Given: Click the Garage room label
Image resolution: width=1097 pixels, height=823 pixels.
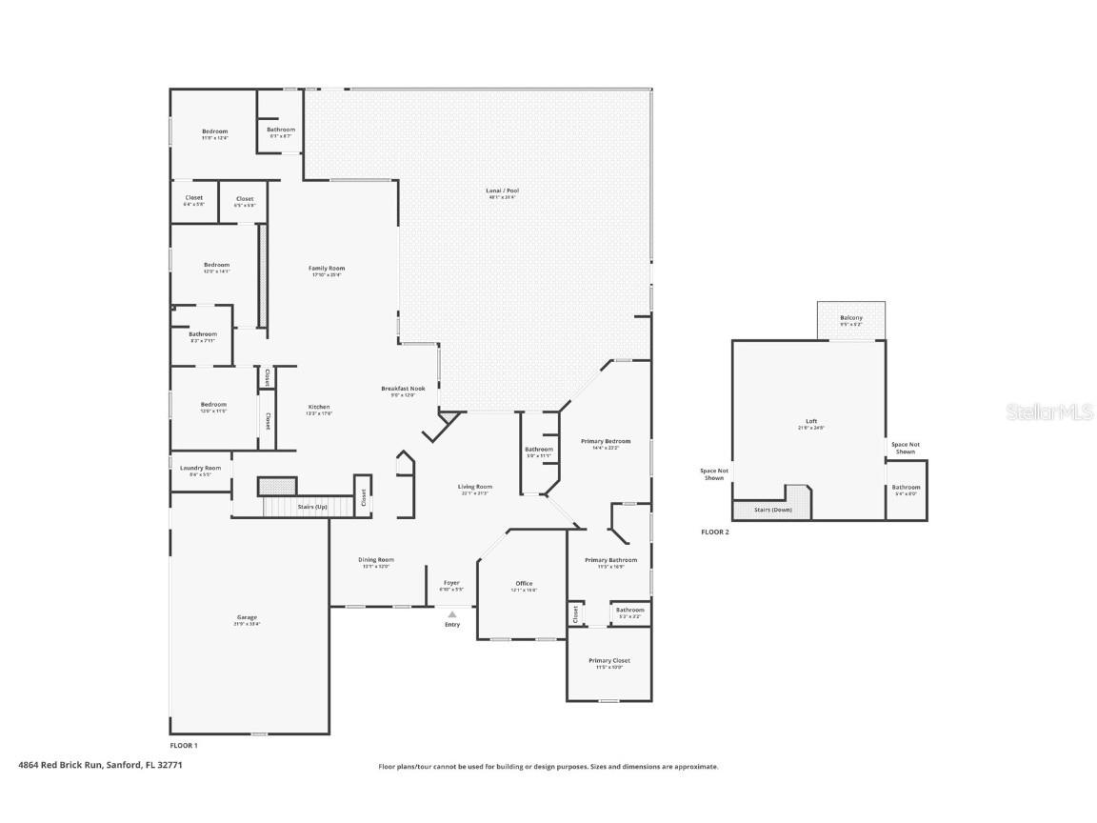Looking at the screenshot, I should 247,618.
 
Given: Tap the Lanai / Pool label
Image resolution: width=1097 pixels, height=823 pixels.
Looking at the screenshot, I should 503,191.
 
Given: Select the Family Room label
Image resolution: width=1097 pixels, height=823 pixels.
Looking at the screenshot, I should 327,270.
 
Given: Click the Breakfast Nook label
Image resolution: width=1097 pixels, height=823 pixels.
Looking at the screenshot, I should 403,389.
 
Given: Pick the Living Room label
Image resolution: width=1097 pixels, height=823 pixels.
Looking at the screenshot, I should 476,487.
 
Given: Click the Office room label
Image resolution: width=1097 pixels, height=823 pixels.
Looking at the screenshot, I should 524,584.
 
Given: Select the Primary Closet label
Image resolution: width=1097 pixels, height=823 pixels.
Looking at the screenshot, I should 609,661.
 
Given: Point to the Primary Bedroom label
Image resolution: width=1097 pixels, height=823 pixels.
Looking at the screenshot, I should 606,442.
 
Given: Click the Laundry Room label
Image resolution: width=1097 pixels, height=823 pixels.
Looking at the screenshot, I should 200,469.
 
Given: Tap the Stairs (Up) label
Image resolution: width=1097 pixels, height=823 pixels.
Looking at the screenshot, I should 312,507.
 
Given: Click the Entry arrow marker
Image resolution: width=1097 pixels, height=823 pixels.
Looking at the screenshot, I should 452,614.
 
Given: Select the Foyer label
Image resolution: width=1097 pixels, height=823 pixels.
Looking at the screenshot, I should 451,583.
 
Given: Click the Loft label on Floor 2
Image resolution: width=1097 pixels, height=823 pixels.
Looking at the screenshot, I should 811,421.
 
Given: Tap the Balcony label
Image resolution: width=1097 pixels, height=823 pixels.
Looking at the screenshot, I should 851,318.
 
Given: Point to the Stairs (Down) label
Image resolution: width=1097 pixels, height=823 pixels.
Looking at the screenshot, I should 773,510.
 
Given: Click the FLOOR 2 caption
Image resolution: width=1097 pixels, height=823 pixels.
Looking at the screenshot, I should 714,532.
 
